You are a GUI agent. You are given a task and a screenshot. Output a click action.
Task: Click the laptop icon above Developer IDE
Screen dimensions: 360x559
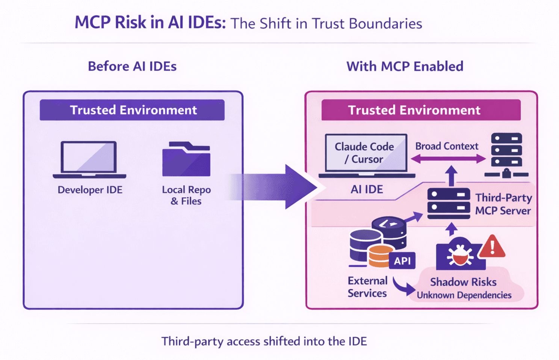click(89, 159)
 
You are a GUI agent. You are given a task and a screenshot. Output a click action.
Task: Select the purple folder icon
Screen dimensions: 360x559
click(186, 160)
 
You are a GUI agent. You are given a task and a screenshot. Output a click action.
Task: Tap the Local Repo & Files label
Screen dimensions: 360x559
click(186, 195)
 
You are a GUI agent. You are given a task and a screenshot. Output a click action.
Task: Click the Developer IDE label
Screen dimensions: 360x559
click(90, 190)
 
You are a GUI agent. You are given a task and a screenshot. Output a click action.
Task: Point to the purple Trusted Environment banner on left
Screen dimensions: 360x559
click(132, 110)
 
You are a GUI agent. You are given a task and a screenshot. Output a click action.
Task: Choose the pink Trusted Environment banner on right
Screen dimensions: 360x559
click(421, 110)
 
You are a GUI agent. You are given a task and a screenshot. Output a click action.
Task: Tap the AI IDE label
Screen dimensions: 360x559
click(367, 189)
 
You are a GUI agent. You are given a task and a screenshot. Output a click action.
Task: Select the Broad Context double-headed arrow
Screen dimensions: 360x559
click(448, 159)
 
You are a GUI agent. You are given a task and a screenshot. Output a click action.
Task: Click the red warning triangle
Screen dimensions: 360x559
click(493, 247)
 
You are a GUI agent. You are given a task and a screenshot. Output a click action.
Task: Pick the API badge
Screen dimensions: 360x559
click(402, 261)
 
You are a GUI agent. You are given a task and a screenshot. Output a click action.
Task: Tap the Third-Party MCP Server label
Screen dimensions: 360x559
click(503, 204)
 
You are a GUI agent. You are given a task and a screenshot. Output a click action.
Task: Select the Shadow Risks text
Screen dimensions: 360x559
click(463, 282)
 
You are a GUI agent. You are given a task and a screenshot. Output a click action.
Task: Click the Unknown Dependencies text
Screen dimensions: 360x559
click(464, 295)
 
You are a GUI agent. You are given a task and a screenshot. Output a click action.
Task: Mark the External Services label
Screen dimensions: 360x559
click(367, 287)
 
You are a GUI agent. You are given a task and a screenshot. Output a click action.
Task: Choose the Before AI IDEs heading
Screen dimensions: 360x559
click(132, 67)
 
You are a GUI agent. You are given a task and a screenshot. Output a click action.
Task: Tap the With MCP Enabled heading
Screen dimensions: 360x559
click(405, 67)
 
